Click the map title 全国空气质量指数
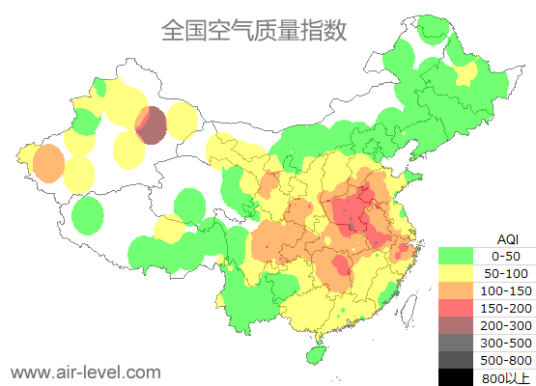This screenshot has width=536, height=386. point(253,30)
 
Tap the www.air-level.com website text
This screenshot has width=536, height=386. point(85,372)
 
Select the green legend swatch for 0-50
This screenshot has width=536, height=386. point(460,256)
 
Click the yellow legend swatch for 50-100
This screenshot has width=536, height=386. point(460,273)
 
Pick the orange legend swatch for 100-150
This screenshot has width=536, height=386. point(460,290)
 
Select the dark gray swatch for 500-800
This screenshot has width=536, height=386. point(460,360)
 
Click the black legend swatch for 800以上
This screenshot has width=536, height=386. point(460,376)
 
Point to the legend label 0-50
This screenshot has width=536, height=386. point(506,256)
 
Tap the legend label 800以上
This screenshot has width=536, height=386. point(506,377)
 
